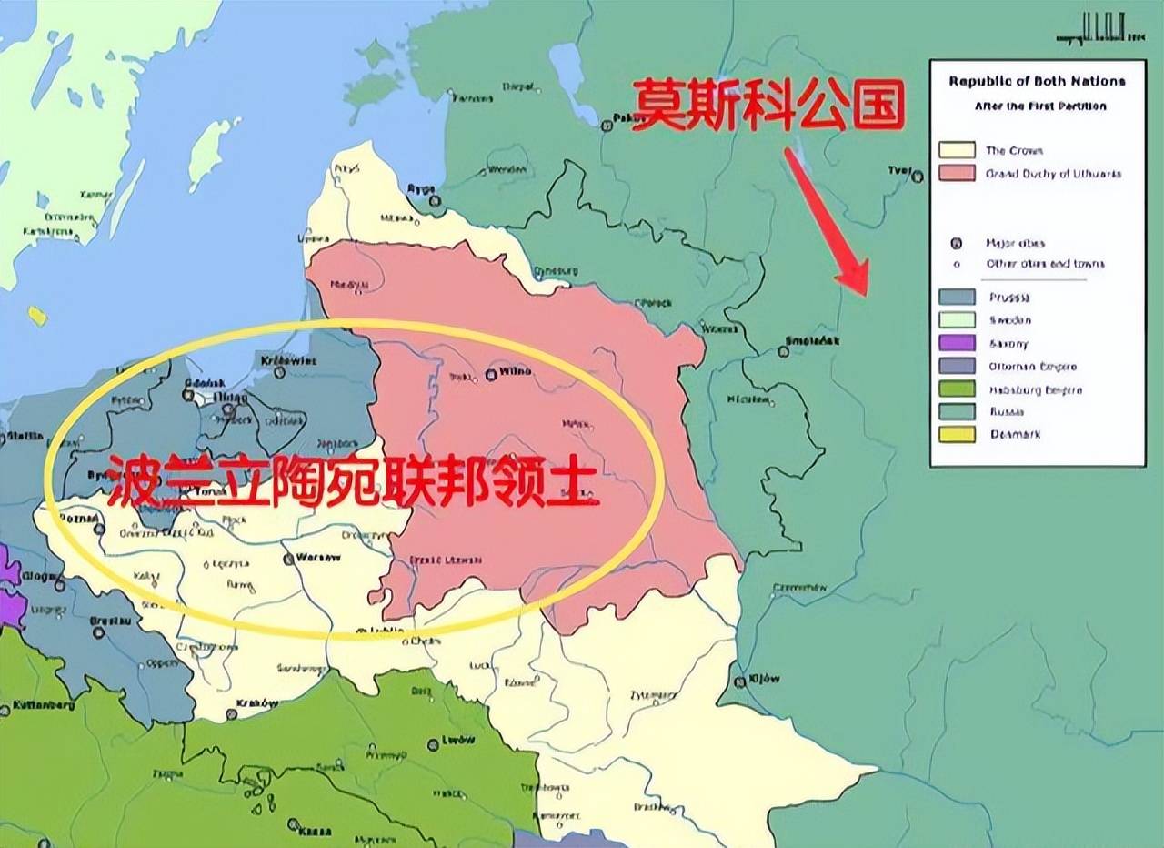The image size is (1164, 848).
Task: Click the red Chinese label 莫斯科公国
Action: tap(768, 106)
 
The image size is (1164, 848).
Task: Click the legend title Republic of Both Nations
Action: tap(1037, 81)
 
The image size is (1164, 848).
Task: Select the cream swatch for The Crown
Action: tap(957, 150)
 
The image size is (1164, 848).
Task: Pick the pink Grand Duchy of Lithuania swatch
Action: tap(957, 173)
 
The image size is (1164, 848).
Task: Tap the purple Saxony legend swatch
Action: tap(957, 343)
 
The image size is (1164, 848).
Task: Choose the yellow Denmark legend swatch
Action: tap(957, 434)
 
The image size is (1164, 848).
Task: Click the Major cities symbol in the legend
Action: tap(956, 244)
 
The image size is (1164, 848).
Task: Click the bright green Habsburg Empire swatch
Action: tap(957, 389)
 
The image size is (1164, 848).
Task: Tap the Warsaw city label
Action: tap(316, 557)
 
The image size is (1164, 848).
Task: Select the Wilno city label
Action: tap(515, 372)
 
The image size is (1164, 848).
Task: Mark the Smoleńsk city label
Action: tap(812, 342)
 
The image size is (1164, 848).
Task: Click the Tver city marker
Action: tap(918, 177)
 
